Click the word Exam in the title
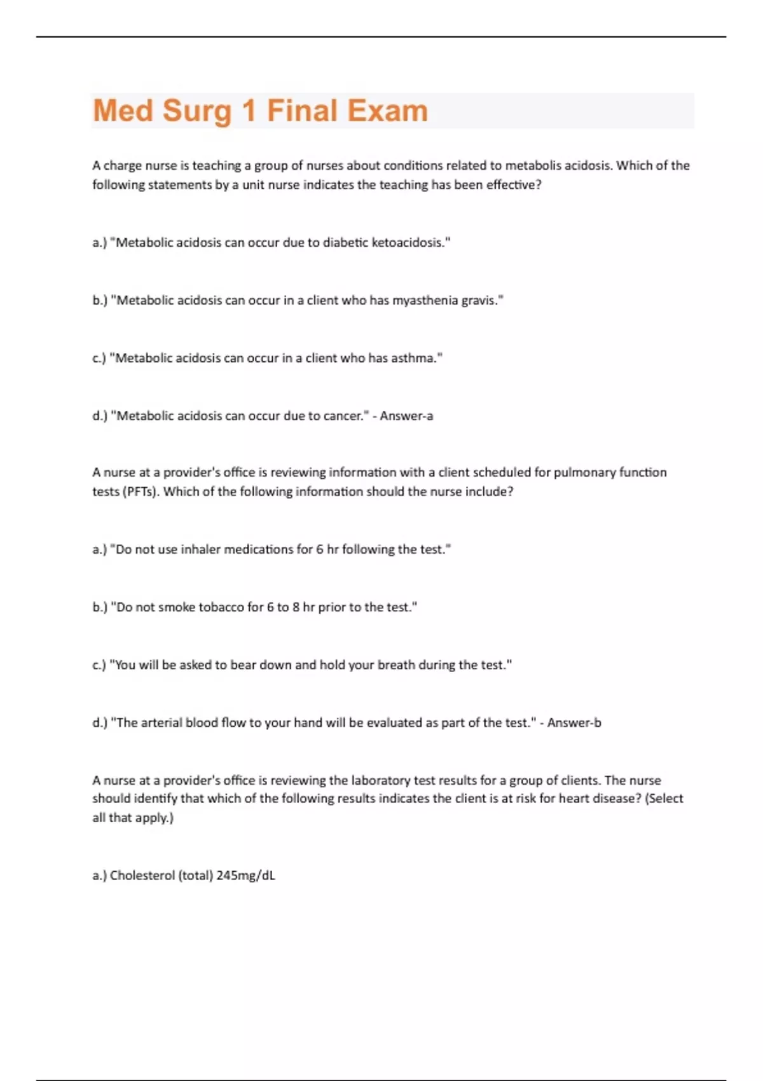tap(387, 111)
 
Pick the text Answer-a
tap(406, 417)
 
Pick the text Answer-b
tap(574, 723)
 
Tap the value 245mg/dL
tap(246, 876)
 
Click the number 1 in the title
tap(249, 111)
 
